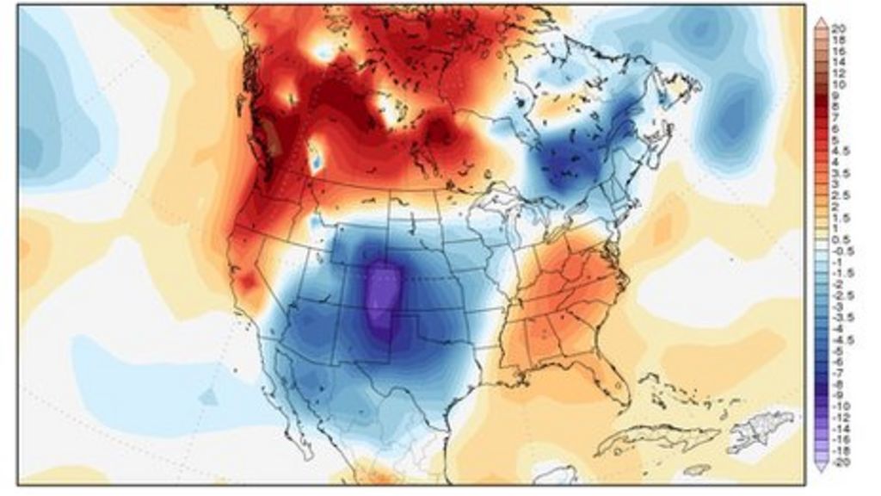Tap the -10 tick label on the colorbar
(x=839, y=406)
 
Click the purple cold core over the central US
(x=384, y=297)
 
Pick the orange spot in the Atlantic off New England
(x=663, y=227)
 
